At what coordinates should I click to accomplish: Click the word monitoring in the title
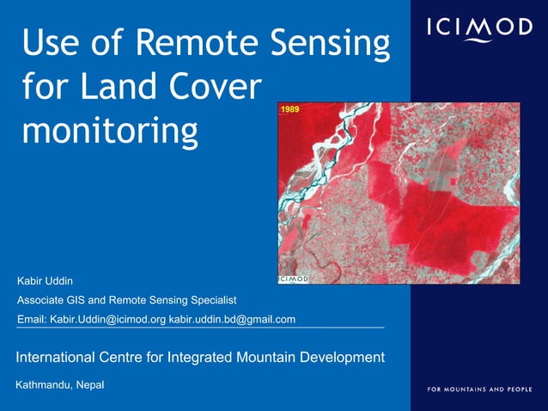(x=110, y=132)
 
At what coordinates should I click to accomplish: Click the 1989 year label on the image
(x=291, y=111)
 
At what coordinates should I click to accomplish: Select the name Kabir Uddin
(x=46, y=281)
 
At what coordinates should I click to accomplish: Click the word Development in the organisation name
(x=343, y=357)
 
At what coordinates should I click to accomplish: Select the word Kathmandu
(x=44, y=384)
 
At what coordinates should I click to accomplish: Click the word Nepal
(x=90, y=384)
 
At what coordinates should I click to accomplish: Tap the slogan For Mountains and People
(x=479, y=390)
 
